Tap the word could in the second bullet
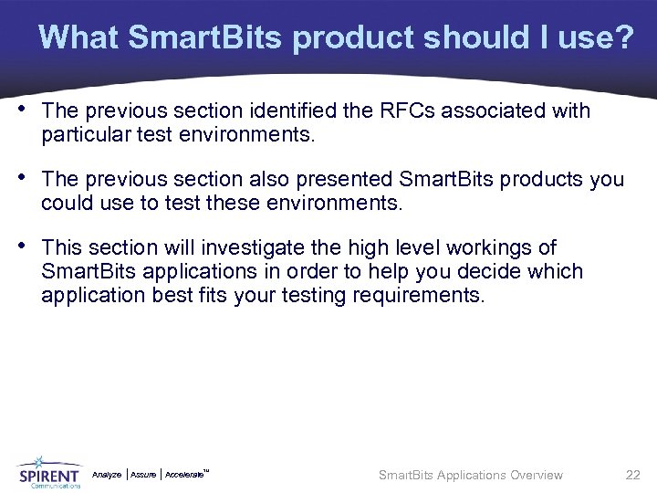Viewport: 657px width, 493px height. click(63, 204)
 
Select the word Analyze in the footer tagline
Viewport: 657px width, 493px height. click(107, 475)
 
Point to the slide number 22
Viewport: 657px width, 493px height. click(632, 475)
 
